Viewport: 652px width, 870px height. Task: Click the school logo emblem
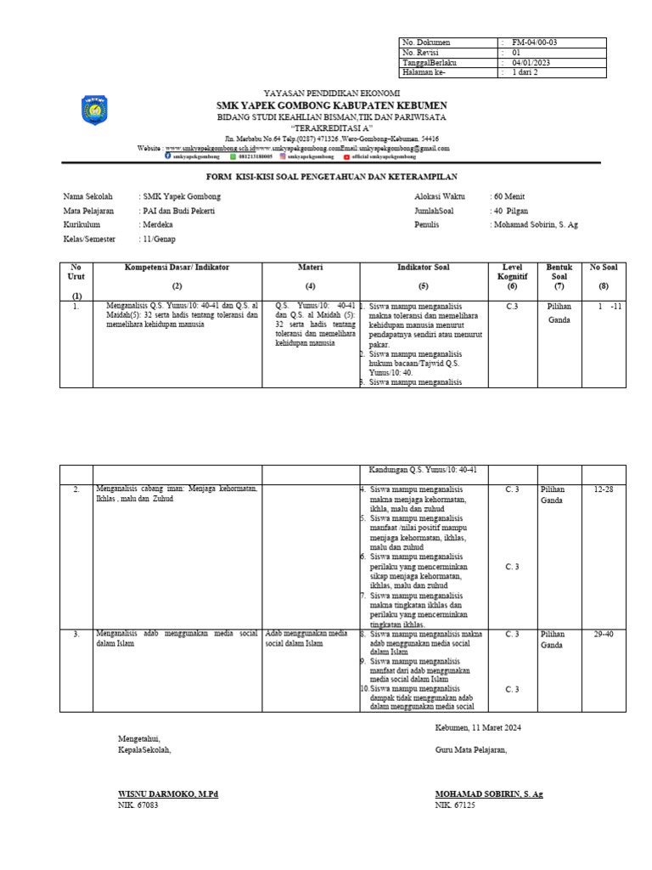(93, 111)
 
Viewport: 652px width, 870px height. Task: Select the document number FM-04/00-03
(533, 42)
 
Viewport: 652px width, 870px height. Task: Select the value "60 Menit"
(512, 196)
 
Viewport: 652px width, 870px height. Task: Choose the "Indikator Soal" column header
(424, 267)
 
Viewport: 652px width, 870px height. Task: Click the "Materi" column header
(310, 267)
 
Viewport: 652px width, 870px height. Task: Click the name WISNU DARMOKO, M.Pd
(168, 794)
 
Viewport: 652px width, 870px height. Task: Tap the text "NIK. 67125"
(456, 805)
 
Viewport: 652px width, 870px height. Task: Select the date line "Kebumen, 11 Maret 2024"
(478, 727)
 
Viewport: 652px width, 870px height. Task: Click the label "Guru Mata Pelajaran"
(471, 749)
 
